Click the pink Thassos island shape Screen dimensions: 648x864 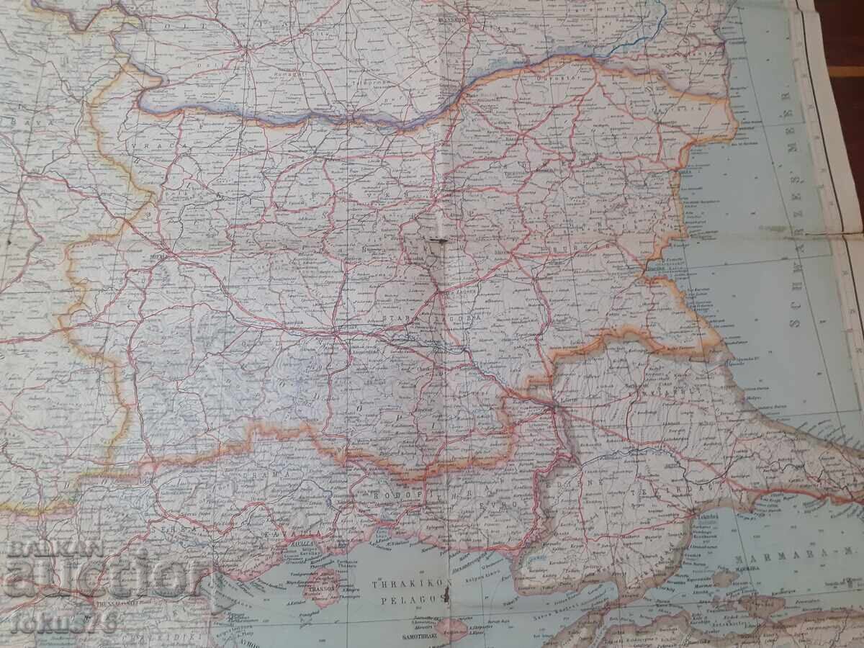click(x=322, y=587)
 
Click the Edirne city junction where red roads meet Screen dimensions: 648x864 click(x=553, y=407)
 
